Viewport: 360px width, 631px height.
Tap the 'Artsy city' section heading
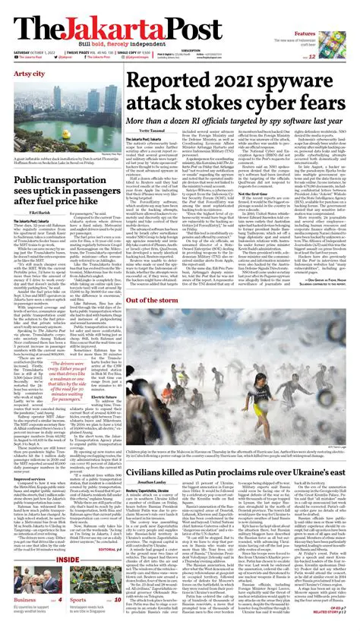pyautogui.click(x=29, y=74)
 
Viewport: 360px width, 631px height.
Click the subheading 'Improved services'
pyautogui.click(x=30, y=457)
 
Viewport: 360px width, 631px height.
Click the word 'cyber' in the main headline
pyautogui.click(x=286, y=102)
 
